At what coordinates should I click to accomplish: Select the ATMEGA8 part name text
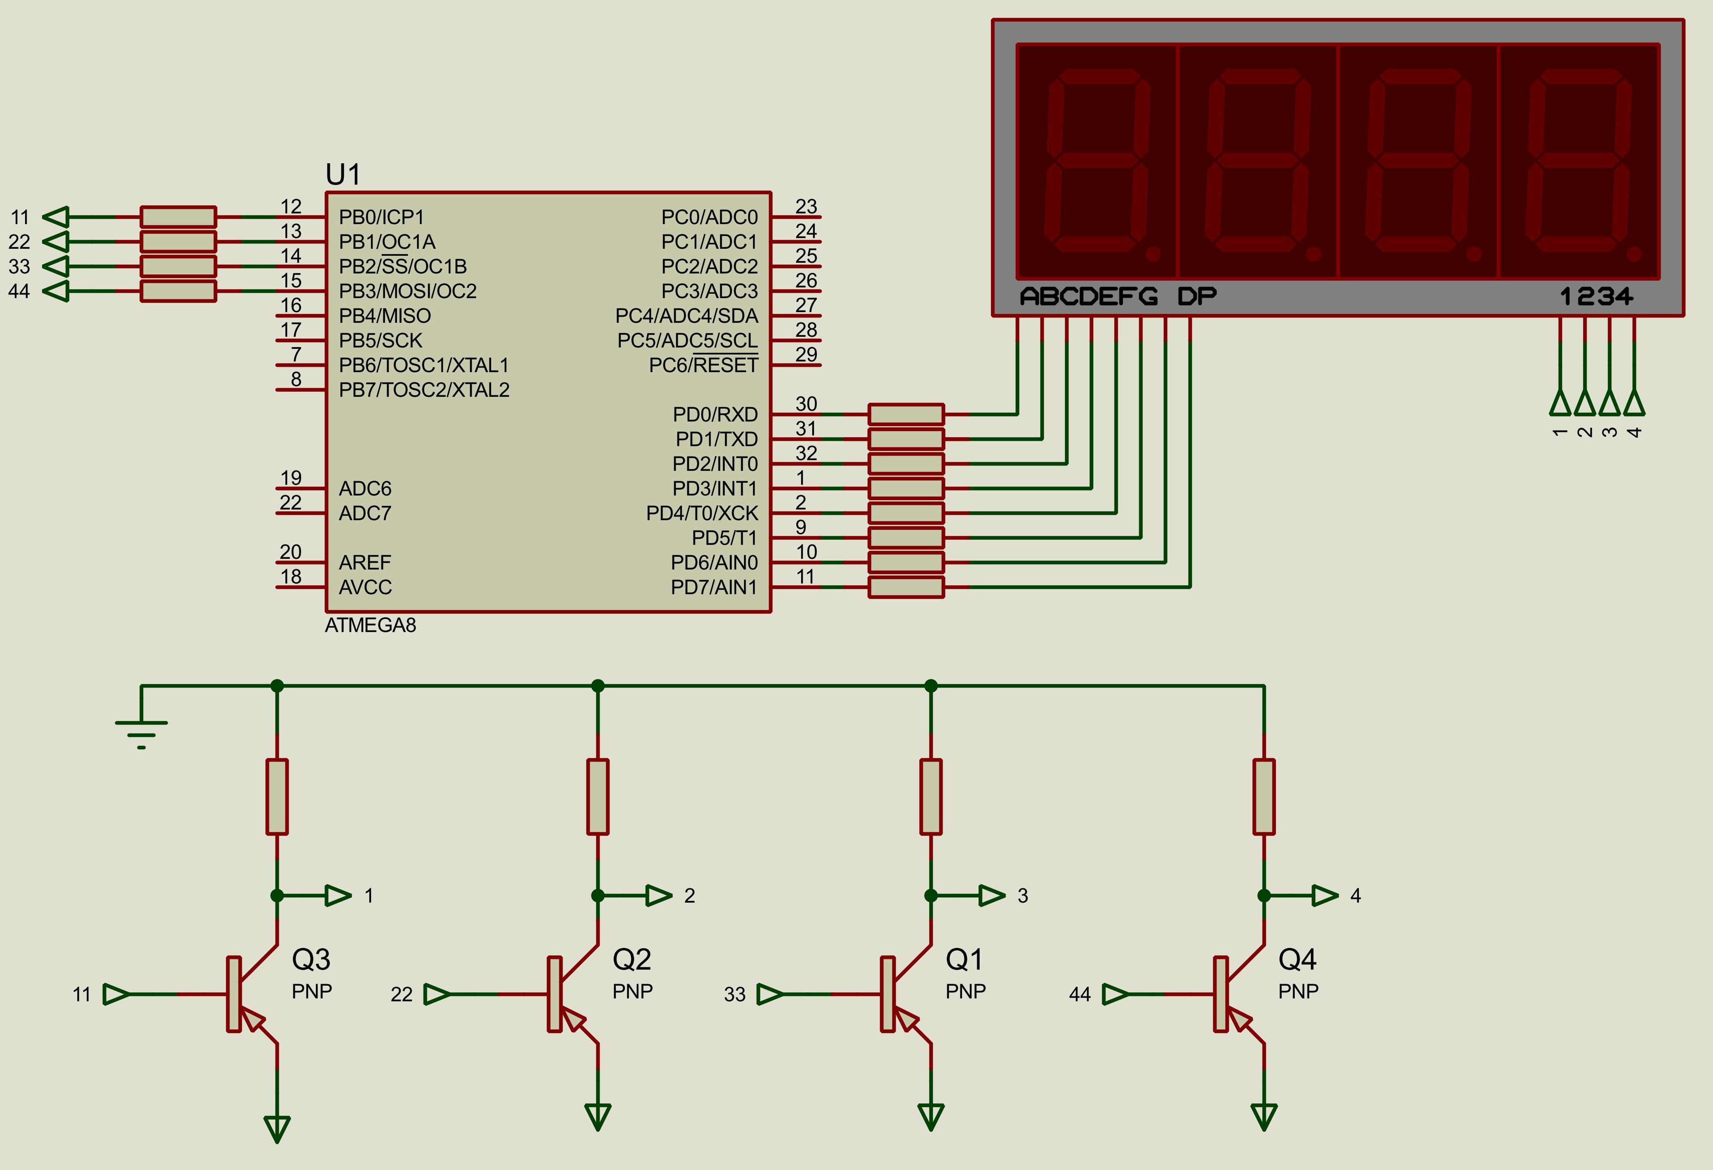(370, 625)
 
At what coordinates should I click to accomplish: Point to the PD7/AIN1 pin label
(714, 588)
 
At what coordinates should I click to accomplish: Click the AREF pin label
(365, 563)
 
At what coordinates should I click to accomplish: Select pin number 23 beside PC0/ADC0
(807, 206)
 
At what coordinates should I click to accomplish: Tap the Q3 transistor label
(311, 959)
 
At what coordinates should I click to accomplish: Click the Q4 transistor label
(1297, 959)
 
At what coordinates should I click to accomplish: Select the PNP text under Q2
(633, 992)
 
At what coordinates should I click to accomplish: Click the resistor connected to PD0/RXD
(906, 414)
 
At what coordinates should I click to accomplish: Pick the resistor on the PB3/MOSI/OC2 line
(178, 291)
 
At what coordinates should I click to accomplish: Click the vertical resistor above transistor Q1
(931, 797)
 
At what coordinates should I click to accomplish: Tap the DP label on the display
(1196, 297)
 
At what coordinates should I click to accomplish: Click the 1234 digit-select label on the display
(1597, 297)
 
